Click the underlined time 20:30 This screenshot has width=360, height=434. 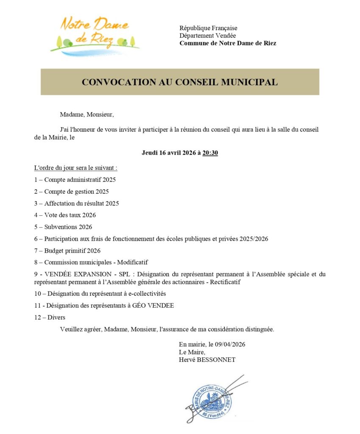coord(210,153)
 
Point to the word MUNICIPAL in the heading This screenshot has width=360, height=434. coord(249,82)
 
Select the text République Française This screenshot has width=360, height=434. coord(208,28)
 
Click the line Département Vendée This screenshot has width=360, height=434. coord(207,36)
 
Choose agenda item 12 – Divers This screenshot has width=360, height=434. coord(50,317)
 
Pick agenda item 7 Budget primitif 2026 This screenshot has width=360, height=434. coord(67,250)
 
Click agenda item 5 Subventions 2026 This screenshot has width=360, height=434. coord(63,227)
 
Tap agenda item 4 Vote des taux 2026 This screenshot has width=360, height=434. coord(65,215)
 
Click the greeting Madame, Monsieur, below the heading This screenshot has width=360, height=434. coord(87,114)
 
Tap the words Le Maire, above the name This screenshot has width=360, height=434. coord(192,352)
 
